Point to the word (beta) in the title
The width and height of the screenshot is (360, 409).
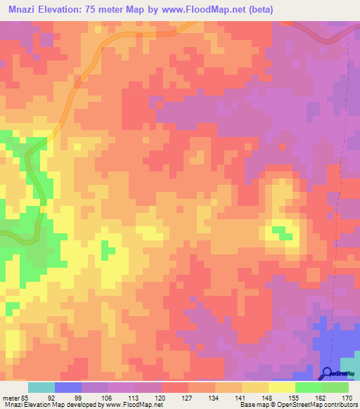coord(258,10)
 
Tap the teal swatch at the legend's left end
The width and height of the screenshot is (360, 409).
coord(41,387)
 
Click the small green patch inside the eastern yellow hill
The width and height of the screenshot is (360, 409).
coord(281,231)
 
